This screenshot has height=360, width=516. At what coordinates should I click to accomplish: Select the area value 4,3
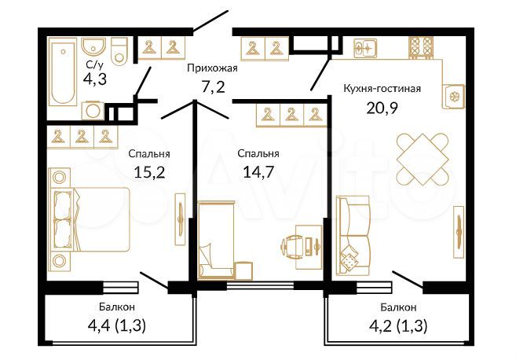(x=95, y=79)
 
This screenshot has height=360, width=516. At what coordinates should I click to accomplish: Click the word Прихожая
(x=211, y=68)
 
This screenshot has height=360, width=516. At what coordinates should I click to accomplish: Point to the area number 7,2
(x=211, y=86)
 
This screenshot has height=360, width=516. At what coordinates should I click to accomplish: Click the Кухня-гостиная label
(x=382, y=88)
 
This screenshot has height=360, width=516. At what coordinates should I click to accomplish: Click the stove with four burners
(x=421, y=48)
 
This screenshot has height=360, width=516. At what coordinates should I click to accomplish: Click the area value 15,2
(x=148, y=171)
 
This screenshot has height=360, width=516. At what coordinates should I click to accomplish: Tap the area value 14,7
(x=258, y=171)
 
